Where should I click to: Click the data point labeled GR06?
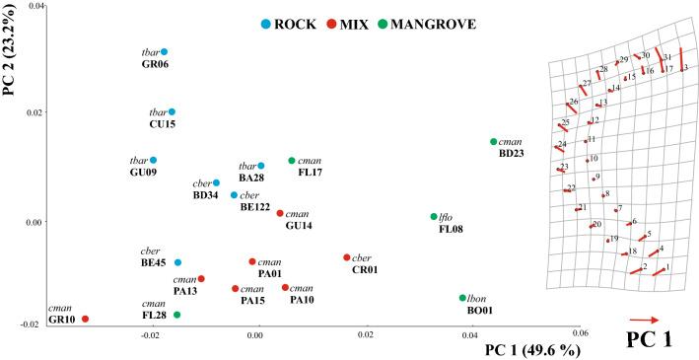[164, 51]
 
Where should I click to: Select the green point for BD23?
[493, 142]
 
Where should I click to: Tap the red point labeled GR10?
[85, 319]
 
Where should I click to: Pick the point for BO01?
[461, 298]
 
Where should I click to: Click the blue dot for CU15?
[172, 112]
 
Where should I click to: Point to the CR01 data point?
[346, 257]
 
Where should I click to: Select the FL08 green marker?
[434, 217]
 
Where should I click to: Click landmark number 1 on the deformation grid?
[667, 267]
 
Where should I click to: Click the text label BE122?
[256, 207]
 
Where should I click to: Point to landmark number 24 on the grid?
[562, 145]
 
